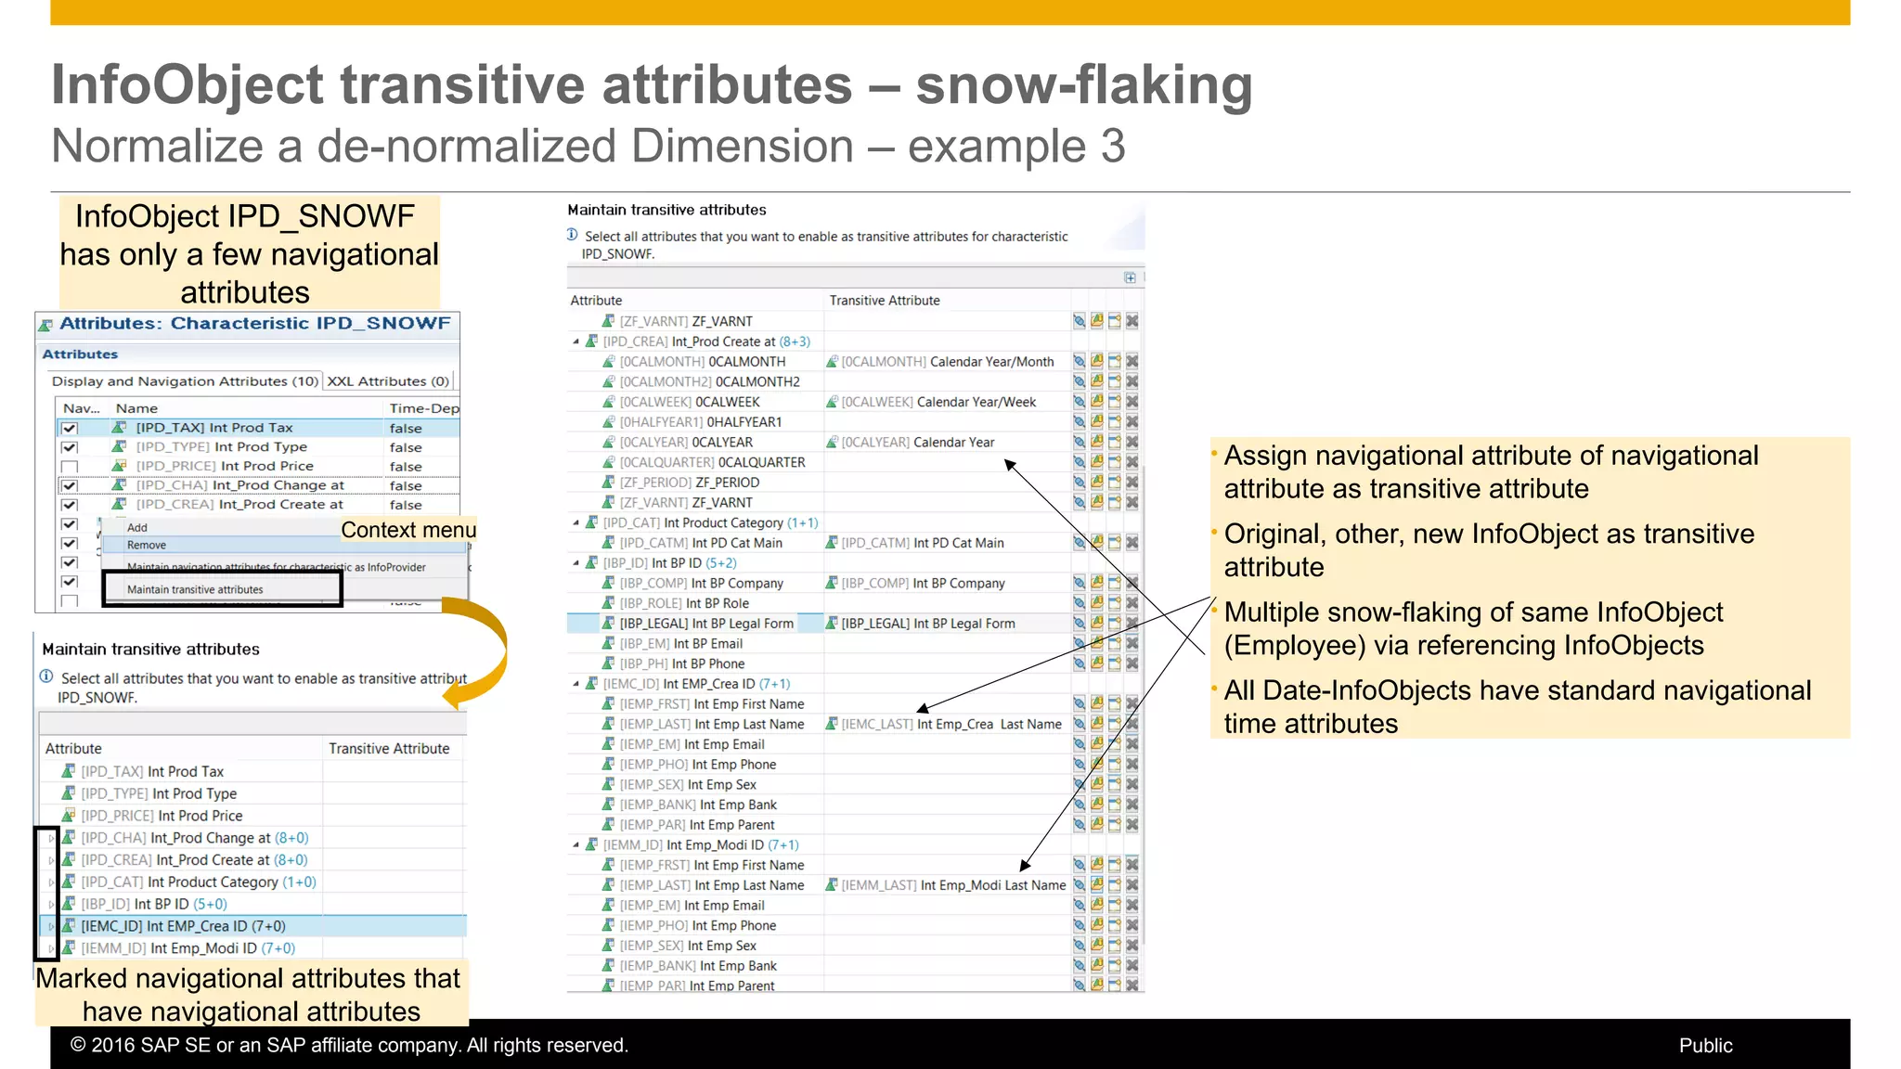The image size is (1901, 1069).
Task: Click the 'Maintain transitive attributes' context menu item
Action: tap(195, 589)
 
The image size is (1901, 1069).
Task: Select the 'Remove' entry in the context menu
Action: tap(147, 546)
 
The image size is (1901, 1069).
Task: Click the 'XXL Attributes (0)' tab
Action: tap(388, 381)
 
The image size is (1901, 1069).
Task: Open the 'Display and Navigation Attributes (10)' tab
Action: tap(185, 381)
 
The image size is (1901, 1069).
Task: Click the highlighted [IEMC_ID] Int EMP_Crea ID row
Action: tap(183, 926)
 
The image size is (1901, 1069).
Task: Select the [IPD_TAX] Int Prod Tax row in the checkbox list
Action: tap(213, 428)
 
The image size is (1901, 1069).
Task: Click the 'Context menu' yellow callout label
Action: tap(408, 530)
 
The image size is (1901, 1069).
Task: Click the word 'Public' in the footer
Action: tap(1705, 1045)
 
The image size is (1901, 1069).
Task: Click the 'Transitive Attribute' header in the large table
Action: tap(884, 301)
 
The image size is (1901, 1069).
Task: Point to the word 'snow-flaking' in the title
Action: tap(1083, 85)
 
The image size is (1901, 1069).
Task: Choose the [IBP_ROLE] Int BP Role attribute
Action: tap(684, 603)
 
